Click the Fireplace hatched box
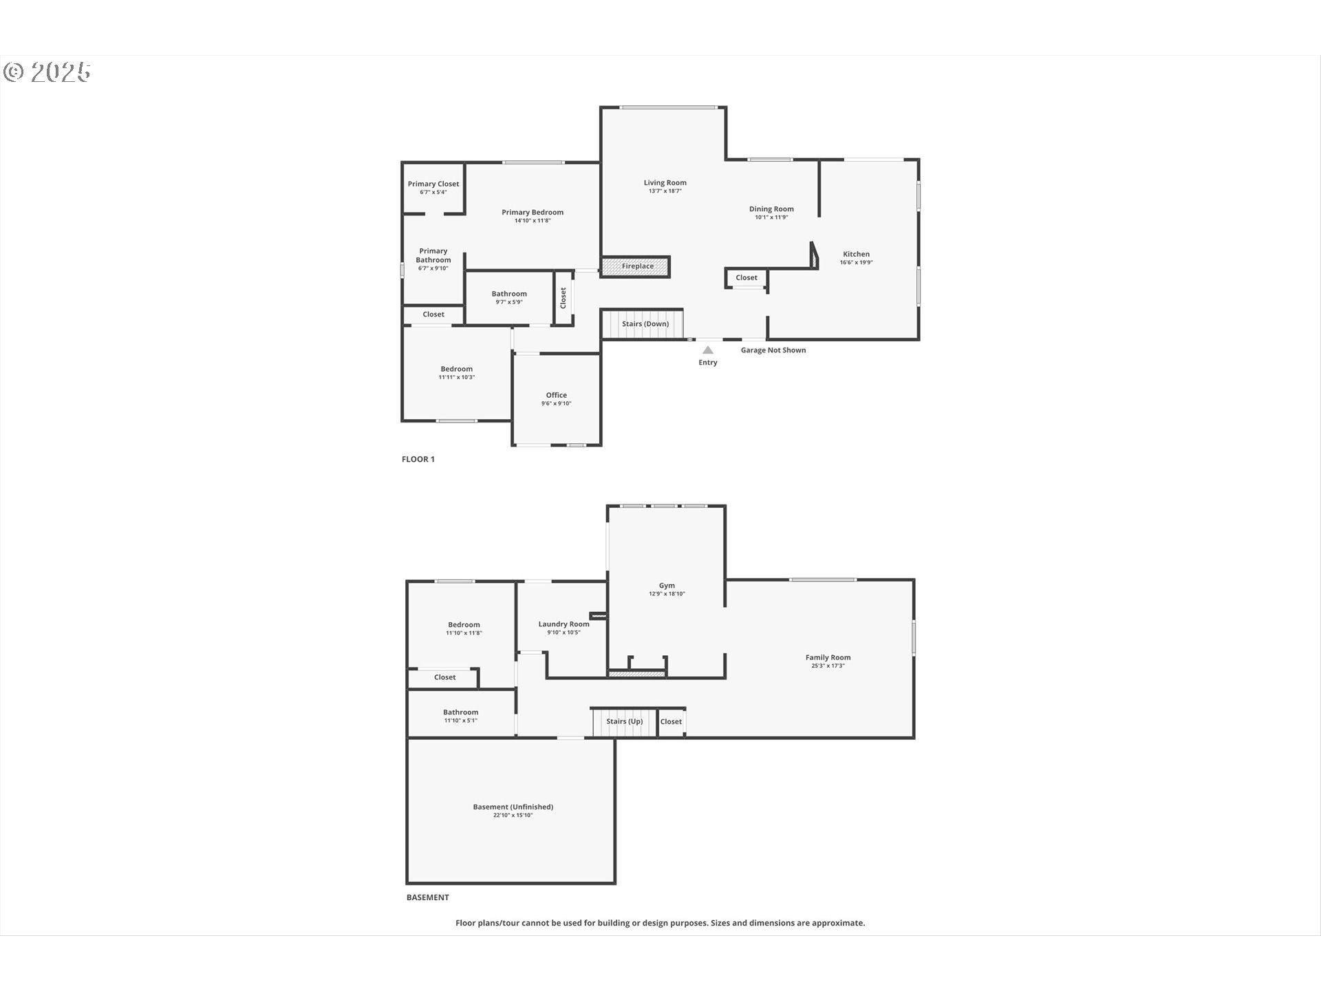click(635, 266)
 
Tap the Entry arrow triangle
click(708, 350)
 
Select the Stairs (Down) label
click(645, 323)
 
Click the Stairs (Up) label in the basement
click(625, 721)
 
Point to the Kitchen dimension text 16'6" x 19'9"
click(856, 262)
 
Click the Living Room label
click(665, 182)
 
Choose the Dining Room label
click(771, 209)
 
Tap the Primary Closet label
click(433, 184)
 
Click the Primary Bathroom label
click(433, 255)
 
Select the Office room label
click(557, 395)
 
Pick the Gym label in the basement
click(667, 586)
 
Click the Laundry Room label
click(564, 624)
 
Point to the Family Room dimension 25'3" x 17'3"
click(828, 665)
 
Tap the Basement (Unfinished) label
click(513, 807)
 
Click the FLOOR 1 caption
click(418, 459)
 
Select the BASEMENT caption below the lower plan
click(428, 897)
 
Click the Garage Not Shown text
click(773, 350)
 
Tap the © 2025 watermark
click(47, 72)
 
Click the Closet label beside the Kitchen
click(747, 277)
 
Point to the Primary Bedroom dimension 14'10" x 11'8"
click(533, 221)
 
